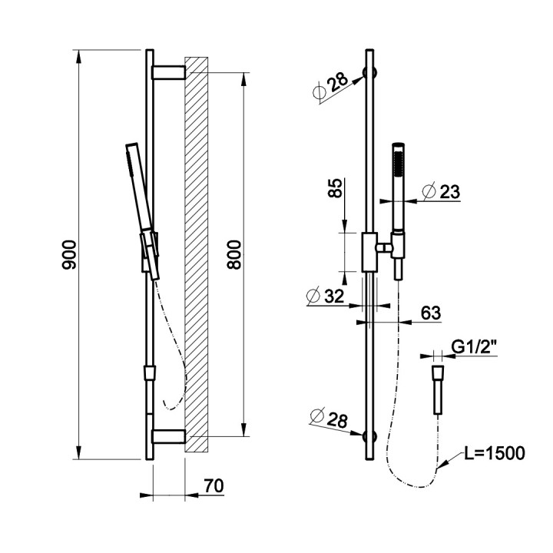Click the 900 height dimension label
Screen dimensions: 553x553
point(69,255)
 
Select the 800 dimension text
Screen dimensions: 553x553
point(233,255)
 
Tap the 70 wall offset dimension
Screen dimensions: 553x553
point(214,485)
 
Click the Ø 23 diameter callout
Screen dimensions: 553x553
point(441,191)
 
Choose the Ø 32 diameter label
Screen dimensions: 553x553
point(325,296)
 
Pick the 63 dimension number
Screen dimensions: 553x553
point(431,313)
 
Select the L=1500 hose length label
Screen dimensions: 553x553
point(495,453)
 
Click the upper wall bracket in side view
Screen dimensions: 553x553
point(168,72)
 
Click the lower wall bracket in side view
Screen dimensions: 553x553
point(168,436)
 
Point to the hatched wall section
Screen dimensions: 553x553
point(197,254)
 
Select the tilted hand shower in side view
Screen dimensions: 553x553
point(143,212)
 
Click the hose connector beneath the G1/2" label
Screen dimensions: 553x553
point(438,389)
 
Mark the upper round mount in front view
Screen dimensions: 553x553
point(370,73)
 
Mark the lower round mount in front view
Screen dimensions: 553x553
point(370,436)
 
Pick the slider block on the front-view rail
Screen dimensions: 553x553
point(370,252)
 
